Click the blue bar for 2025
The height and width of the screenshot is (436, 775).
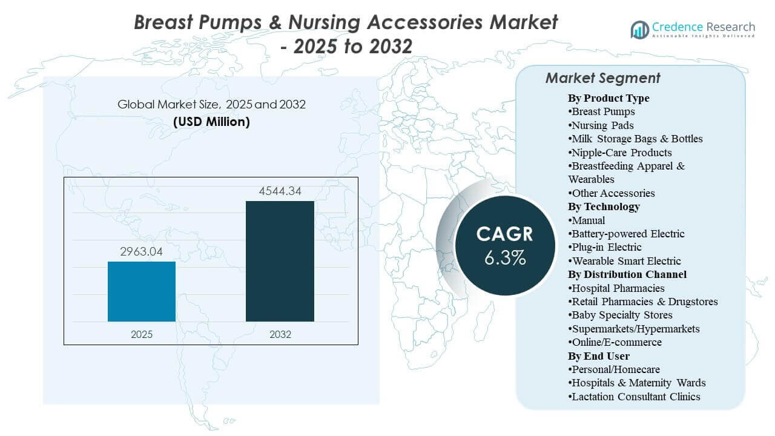(x=142, y=291)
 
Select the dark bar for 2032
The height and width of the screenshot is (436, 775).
(x=280, y=261)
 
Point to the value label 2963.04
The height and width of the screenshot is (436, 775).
(x=142, y=251)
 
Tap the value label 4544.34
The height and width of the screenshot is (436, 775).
(x=280, y=191)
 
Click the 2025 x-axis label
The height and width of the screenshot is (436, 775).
(x=142, y=334)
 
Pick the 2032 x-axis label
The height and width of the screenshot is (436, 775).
(x=280, y=334)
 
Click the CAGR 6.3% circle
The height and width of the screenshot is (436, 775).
(x=505, y=246)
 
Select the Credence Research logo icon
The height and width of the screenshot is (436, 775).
(x=639, y=29)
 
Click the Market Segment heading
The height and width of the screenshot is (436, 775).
(x=602, y=78)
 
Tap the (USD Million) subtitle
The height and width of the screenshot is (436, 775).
(x=211, y=122)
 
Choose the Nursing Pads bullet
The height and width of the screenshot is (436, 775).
(x=601, y=125)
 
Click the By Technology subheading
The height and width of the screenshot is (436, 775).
(x=604, y=206)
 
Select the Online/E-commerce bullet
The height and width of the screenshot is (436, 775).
(x=615, y=342)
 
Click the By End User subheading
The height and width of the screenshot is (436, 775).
(x=598, y=355)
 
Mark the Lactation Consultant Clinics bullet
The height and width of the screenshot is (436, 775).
(x=634, y=397)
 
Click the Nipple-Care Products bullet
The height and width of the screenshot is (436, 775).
(x=620, y=153)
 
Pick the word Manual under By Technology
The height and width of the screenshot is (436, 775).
(x=588, y=220)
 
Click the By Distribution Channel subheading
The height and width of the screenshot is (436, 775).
(x=627, y=274)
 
